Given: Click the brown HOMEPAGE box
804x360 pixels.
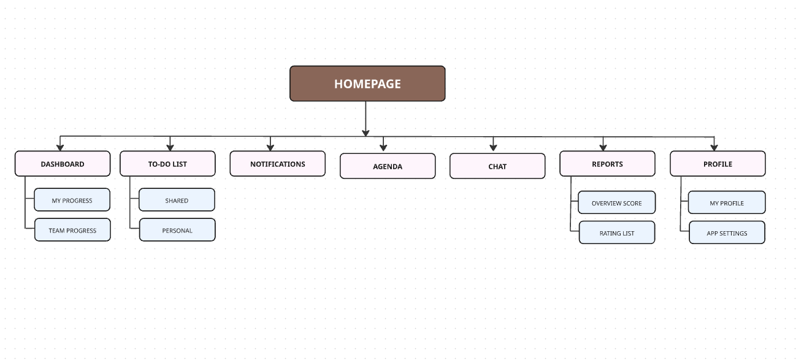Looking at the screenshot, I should [367, 83].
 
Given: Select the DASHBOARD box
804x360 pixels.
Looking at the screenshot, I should [63, 164].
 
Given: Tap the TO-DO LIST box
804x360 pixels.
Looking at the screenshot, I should [167, 164].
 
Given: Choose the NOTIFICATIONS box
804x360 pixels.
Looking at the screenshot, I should [277, 164].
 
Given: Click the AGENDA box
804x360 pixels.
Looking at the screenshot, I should [388, 166].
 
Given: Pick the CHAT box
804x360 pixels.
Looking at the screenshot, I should [497, 166].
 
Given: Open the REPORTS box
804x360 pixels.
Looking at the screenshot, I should [607, 164].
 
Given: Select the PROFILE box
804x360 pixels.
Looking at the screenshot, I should [718, 164].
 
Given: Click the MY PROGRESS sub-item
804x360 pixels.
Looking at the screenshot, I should [72, 200].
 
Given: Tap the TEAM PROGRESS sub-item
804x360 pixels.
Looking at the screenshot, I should [72, 230].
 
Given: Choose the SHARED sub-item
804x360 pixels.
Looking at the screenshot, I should [177, 200].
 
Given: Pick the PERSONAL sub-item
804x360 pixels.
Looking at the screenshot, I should [177, 230].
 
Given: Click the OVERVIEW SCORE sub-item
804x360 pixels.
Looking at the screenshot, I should [617, 203].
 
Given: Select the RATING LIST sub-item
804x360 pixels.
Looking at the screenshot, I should [617, 233].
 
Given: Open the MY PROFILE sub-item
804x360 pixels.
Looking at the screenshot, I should [727, 203].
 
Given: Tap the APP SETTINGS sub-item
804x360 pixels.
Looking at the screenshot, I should [727, 233].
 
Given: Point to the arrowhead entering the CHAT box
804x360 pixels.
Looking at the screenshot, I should [493, 148].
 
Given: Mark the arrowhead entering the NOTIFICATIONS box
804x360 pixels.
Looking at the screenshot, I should [270, 147].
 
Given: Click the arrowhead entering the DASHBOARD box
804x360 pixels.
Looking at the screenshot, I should [60, 147].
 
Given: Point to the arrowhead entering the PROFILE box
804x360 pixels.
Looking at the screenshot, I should [714, 147].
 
